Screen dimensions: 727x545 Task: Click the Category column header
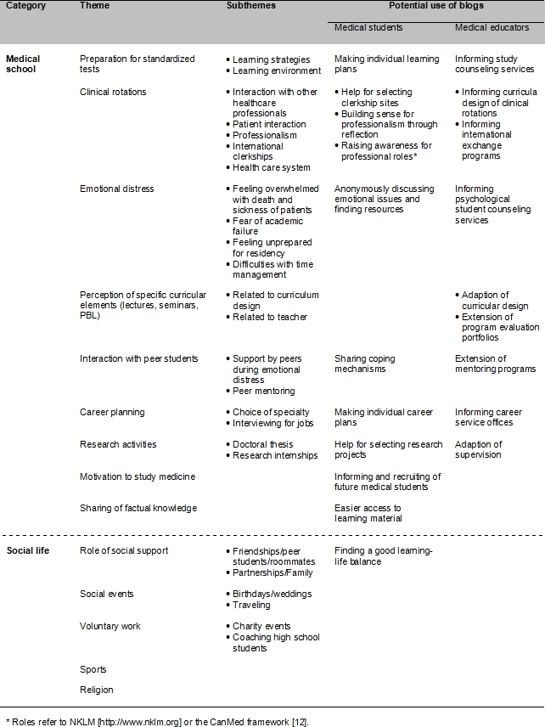point(25,6)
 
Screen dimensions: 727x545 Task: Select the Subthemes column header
point(250,6)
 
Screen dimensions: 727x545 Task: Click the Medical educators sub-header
point(492,28)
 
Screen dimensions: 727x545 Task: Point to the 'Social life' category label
point(28,551)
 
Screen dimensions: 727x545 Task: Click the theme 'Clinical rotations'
point(113,92)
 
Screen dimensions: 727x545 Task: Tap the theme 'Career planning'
point(112,412)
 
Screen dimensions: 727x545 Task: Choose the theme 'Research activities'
point(118,444)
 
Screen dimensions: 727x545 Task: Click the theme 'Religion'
point(97,690)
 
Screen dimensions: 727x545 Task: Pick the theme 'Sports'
point(93,669)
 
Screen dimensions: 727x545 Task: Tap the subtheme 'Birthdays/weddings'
point(272,594)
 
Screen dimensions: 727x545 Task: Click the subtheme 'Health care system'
point(272,167)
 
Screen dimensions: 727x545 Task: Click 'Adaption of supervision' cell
point(479,449)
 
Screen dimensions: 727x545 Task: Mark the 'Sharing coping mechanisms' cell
point(365,363)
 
